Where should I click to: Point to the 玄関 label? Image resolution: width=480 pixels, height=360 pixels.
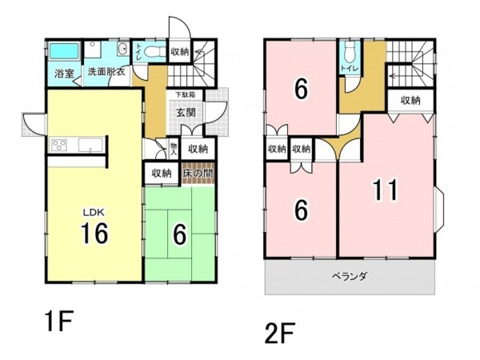pos(186,113)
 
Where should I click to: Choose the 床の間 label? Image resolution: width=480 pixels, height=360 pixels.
pos(198,173)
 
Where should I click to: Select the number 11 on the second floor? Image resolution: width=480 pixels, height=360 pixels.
pos(386,191)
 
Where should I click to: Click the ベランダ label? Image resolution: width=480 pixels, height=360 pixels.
pos(350,277)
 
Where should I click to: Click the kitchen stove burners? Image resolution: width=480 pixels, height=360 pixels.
pos(60,145)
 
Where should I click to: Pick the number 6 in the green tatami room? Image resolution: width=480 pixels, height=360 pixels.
pos(179,234)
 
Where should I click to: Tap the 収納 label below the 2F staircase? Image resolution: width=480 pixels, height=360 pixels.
pos(410,100)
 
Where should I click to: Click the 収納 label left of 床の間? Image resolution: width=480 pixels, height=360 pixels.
pos(161,173)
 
